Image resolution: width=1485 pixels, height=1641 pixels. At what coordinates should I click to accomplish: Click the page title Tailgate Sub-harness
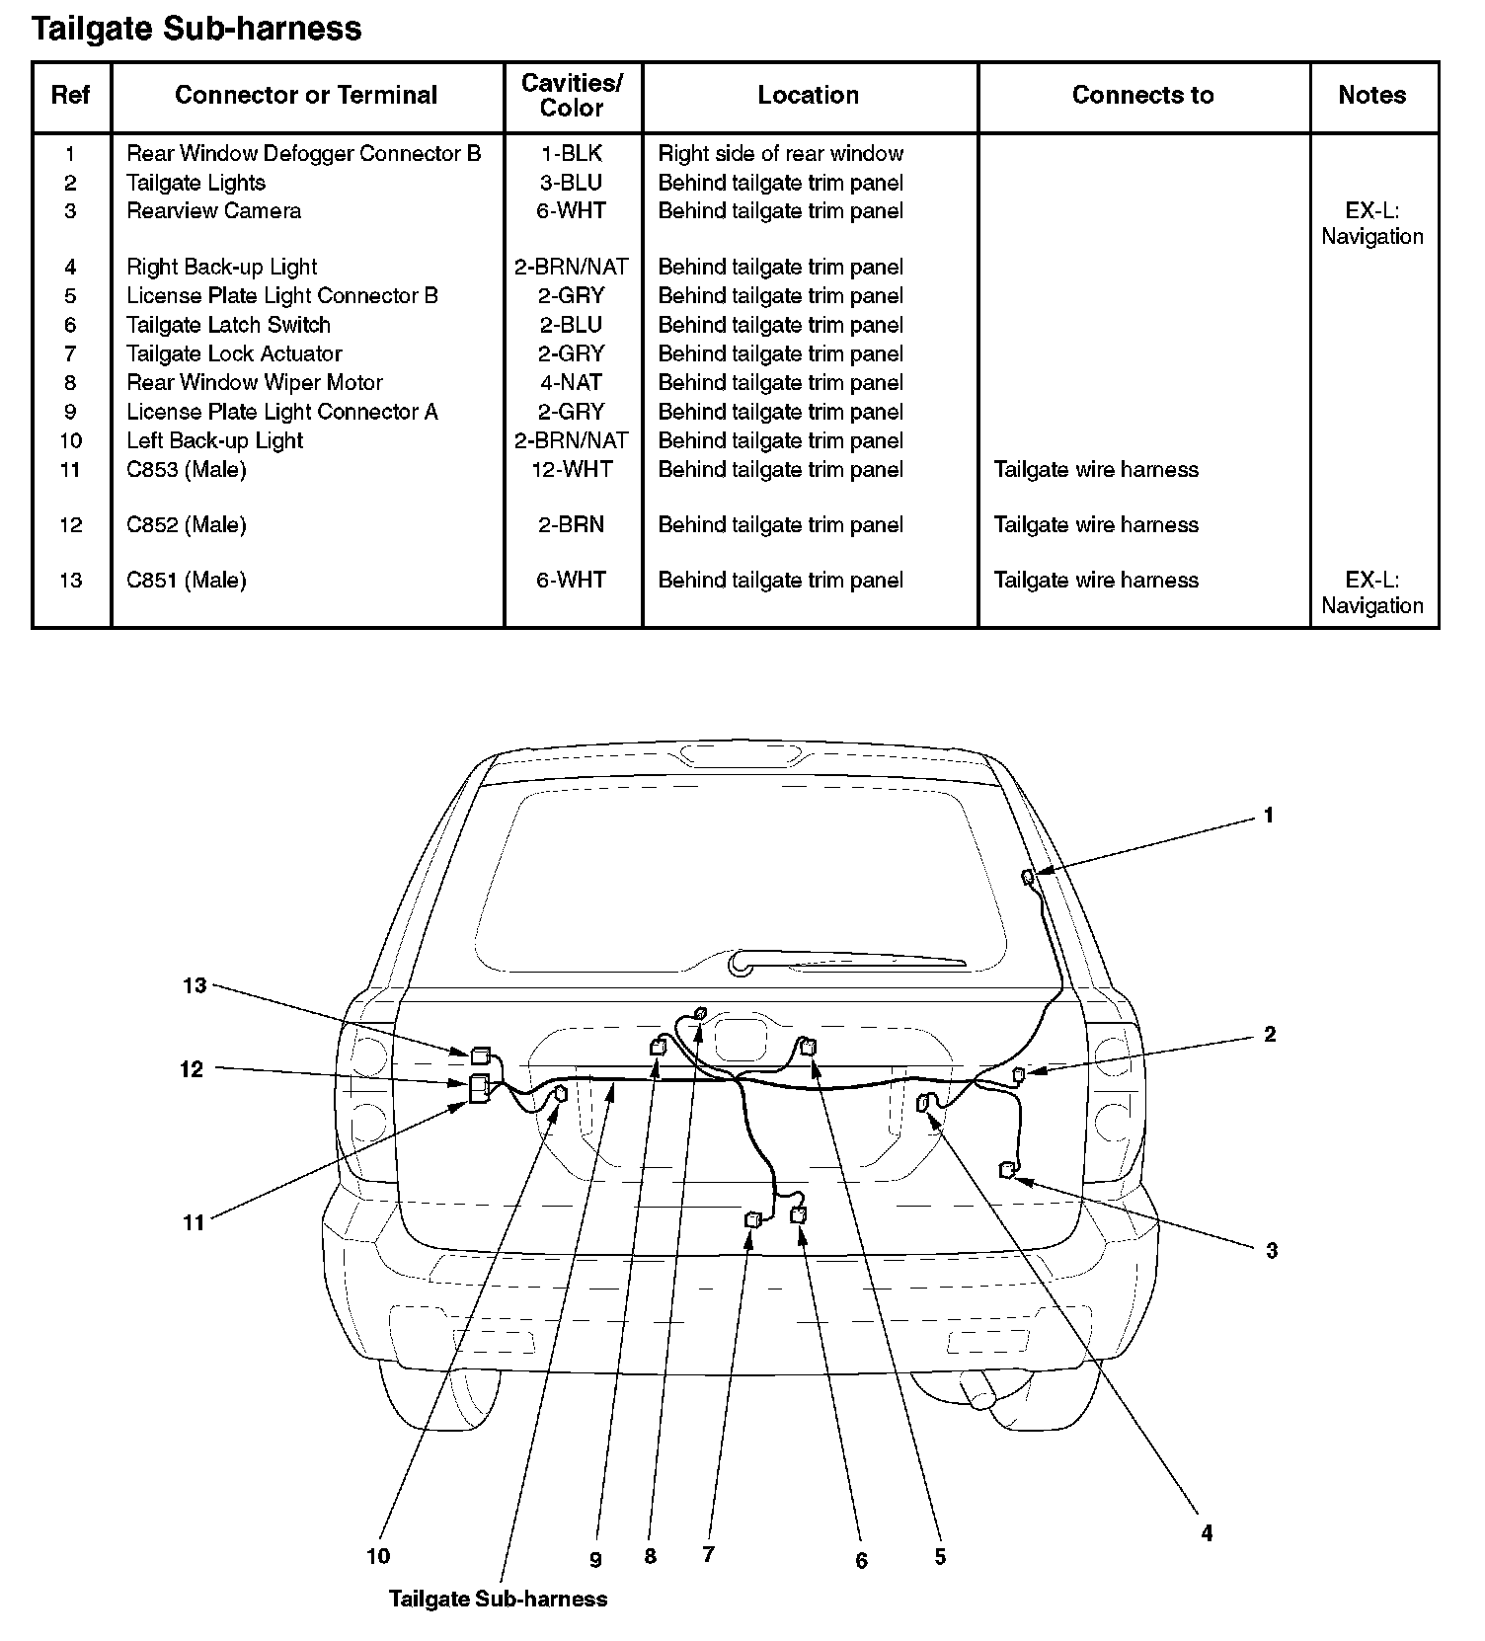click(x=196, y=29)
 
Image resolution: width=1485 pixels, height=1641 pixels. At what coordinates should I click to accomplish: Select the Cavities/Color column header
click(x=572, y=96)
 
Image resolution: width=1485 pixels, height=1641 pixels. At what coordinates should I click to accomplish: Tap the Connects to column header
click(x=1142, y=95)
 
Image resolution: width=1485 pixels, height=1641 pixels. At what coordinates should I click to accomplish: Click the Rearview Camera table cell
click(x=213, y=210)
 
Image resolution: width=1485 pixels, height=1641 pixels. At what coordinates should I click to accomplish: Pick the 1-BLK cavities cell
click(x=572, y=153)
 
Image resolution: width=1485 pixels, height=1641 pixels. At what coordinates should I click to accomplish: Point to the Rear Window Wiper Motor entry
click(x=254, y=382)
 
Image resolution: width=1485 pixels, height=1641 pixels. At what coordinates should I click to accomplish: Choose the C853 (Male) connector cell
click(x=186, y=469)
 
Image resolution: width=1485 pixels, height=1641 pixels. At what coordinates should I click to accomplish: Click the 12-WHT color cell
click(x=572, y=469)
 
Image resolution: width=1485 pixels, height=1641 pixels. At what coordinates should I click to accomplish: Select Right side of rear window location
click(x=780, y=153)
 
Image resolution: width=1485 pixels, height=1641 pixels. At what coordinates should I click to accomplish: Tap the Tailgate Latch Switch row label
click(x=228, y=325)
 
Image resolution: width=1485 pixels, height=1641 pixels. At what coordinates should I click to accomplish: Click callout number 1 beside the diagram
click(x=1268, y=816)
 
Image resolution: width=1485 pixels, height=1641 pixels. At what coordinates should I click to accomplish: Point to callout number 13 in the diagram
click(x=195, y=985)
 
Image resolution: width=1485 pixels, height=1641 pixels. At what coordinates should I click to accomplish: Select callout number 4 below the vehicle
click(x=1207, y=1532)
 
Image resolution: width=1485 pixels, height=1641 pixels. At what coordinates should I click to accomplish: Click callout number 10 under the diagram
click(x=378, y=1556)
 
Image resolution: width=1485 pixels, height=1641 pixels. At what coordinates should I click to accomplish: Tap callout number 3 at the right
click(x=1272, y=1250)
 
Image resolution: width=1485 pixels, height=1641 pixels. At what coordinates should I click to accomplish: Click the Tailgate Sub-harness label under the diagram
click(x=498, y=1599)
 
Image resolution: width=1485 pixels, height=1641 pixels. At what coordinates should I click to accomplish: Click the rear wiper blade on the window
click(x=849, y=961)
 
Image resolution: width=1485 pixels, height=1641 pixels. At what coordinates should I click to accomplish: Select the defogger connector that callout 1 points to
click(x=1028, y=877)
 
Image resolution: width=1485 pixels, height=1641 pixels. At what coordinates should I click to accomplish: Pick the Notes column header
click(x=1371, y=95)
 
